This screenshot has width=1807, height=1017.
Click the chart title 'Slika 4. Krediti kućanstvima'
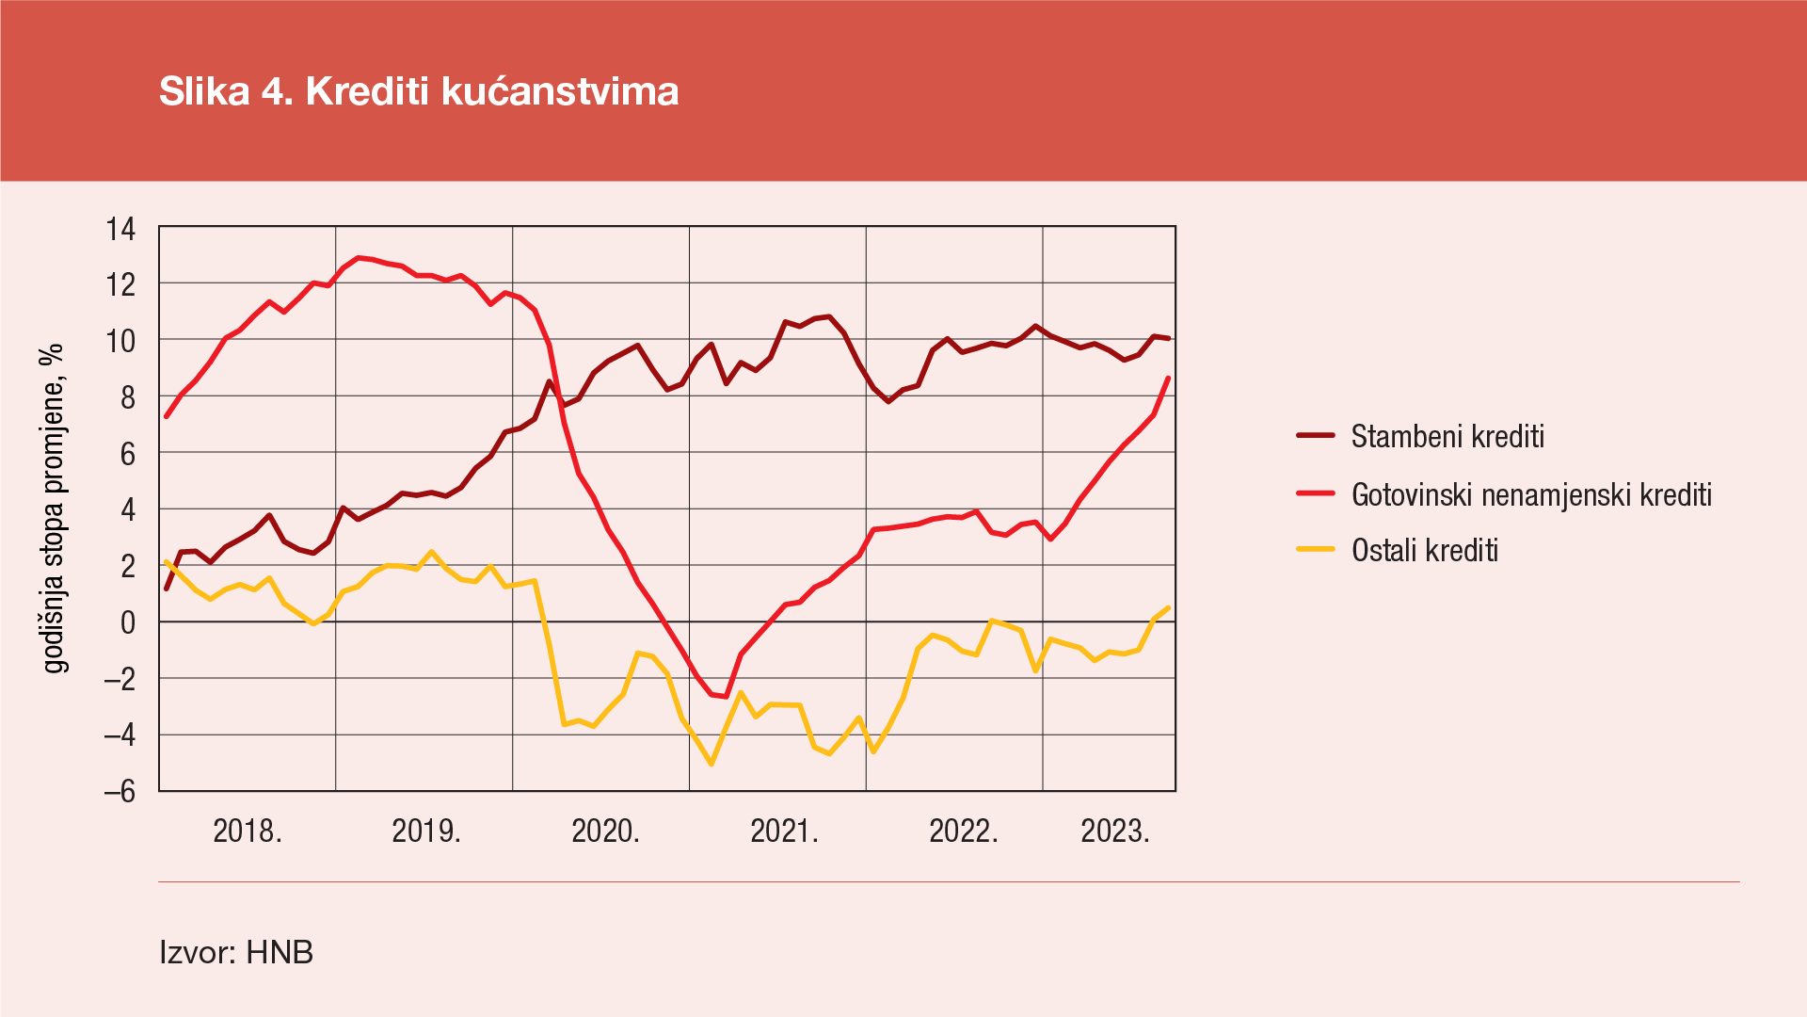(x=419, y=91)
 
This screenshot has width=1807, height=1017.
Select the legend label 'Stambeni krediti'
(x=1447, y=437)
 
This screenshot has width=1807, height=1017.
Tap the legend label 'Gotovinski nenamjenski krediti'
(x=1531, y=494)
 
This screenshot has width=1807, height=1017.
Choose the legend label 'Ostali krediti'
(x=1424, y=550)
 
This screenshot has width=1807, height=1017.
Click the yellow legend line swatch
(x=1316, y=549)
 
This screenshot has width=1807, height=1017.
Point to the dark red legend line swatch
(x=1316, y=436)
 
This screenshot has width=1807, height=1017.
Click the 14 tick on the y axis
(x=120, y=229)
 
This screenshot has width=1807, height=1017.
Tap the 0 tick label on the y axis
(x=127, y=622)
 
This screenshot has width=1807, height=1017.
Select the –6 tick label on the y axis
(x=120, y=791)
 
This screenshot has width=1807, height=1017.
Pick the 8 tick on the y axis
(x=127, y=397)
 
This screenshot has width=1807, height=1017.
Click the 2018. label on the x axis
(x=248, y=831)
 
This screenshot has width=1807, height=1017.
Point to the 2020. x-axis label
(x=605, y=831)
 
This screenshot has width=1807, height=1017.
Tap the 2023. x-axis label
(x=1114, y=831)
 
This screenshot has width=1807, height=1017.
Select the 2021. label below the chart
(x=784, y=831)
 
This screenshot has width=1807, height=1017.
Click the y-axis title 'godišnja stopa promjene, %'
(x=55, y=508)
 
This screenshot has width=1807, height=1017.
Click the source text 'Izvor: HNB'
(x=236, y=952)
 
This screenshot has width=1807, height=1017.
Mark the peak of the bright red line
(x=358, y=257)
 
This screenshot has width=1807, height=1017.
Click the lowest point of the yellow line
(x=712, y=764)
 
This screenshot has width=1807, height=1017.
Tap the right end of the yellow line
(x=1168, y=607)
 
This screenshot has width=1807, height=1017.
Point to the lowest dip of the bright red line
(x=726, y=697)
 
